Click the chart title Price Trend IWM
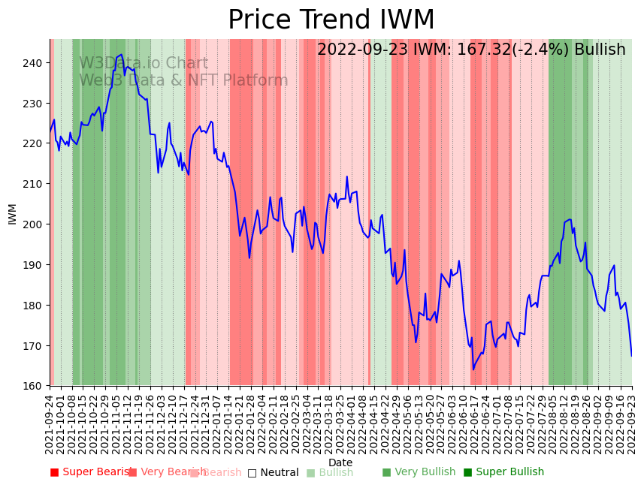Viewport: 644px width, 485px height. (x=331, y=20)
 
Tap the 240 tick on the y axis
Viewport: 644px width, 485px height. (x=33, y=63)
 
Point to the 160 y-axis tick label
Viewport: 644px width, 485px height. (x=33, y=387)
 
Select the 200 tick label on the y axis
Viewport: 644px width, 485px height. (x=33, y=224)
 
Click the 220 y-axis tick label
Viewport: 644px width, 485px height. (x=33, y=143)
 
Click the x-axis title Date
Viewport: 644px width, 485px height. (x=340, y=463)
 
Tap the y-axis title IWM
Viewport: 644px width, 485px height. (x=12, y=213)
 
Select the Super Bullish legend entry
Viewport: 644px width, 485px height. (x=504, y=472)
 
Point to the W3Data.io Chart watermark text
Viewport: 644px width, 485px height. (x=144, y=63)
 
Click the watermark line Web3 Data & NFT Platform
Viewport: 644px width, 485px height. (x=183, y=80)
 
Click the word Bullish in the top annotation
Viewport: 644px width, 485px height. (x=600, y=50)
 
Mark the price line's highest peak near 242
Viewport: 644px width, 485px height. (x=122, y=54)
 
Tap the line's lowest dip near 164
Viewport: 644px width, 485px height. (x=473, y=369)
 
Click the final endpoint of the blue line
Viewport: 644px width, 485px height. (x=631, y=356)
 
